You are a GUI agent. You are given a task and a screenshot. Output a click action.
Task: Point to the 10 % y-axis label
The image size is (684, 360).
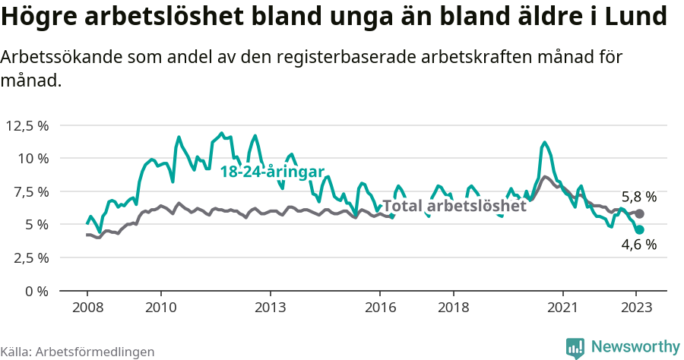[33, 158]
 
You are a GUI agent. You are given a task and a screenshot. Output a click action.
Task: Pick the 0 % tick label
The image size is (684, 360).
[36, 291]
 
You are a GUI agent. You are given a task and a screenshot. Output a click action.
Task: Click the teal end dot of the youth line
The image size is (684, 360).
[640, 229]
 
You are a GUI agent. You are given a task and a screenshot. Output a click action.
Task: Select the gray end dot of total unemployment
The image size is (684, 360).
[640, 214]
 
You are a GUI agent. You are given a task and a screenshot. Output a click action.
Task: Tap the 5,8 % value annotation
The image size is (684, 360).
[639, 197]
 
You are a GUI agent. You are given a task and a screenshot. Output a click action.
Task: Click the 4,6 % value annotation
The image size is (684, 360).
[639, 245]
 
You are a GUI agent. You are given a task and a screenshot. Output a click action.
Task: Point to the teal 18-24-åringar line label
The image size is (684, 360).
[272, 172]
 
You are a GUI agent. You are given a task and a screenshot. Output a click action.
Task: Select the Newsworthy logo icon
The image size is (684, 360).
[575, 347]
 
